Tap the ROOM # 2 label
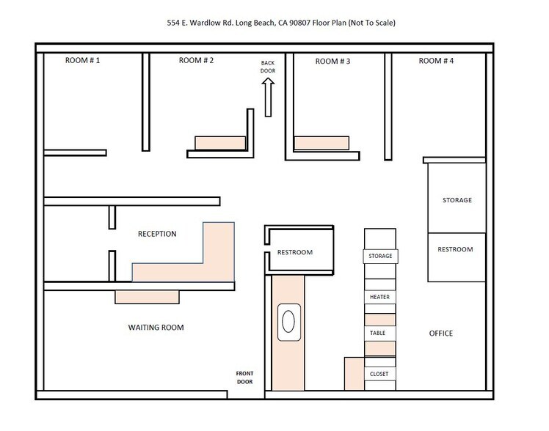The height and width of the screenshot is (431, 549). tap(196, 61)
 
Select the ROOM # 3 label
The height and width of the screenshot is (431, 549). tap(332, 61)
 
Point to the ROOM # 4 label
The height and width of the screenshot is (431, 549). tap(436, 61)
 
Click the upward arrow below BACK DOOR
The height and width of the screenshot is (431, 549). tap(268, 97)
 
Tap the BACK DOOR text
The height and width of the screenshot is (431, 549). tap(268, 67)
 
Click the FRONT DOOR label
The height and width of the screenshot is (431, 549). tap(245, 377)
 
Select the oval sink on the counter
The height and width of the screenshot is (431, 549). tap(289, 322)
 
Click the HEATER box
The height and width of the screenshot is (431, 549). tap(379, 297)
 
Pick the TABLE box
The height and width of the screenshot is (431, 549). tap(379, 333)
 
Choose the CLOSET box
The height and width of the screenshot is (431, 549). tap(379, 374)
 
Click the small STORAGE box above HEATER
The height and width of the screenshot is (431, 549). tap(380, 256)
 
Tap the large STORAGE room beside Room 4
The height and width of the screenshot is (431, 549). tap(457, 199)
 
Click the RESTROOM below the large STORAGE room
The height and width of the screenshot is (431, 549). tap(456, 249)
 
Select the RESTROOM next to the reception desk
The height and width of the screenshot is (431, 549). tap(295, 252)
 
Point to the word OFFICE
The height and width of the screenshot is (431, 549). tap(440, 334)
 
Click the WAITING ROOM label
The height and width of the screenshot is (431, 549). tap(150, 328)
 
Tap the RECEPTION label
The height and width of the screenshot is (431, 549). tap(157, 235)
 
